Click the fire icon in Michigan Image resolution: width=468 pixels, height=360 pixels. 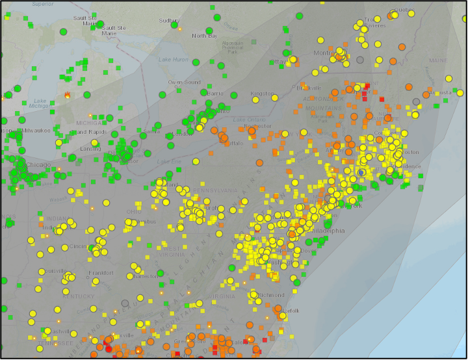(x=68, y=95)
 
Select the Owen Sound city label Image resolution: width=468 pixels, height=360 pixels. (x=184, y=83)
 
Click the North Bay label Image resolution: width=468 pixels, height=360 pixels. (x=204, y=36)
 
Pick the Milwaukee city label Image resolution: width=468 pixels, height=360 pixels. (x=35, y=130)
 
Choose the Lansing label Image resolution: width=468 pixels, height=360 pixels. (x=90, y=148)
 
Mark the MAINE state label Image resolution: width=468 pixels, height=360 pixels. (x=438, y=60)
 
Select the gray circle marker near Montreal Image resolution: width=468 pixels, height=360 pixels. (x=360, y=60)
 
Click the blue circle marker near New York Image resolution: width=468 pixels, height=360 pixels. (x=361, y=172)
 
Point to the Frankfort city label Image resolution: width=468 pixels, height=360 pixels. (x=101, y=273)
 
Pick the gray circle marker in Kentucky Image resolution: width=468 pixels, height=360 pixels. (x=125, y=303)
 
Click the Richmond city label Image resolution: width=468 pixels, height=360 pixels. (x=271, y=295)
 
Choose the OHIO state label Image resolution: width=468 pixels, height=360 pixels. (x=134, y=212)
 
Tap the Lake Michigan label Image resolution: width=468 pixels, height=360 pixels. (x=40, y=103)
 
